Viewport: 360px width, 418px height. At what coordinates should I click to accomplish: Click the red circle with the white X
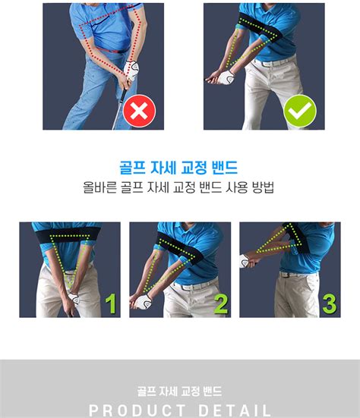point(139,111)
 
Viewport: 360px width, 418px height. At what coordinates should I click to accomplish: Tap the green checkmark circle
point(300,111)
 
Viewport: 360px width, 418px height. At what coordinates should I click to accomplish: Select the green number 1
point(111,303)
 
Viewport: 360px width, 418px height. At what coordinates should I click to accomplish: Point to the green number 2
point(221,303)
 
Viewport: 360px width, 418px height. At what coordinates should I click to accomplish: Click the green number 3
point(330,303)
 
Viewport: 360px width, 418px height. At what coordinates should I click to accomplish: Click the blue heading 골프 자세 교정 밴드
point(178,168)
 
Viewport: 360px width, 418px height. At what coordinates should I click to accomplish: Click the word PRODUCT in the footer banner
point(137,410)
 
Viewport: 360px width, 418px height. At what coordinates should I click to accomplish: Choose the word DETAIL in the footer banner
point(235,410)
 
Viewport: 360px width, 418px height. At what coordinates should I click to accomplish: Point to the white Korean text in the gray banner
point(179,391)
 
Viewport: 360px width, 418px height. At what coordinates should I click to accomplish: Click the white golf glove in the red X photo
point(131,70)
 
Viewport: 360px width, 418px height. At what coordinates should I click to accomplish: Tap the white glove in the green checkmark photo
point(227,77)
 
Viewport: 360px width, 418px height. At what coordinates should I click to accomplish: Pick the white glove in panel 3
point(245,261)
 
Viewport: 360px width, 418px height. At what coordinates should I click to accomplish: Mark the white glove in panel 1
point(74,299)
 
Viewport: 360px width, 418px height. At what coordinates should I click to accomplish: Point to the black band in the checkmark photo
point(261,30)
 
